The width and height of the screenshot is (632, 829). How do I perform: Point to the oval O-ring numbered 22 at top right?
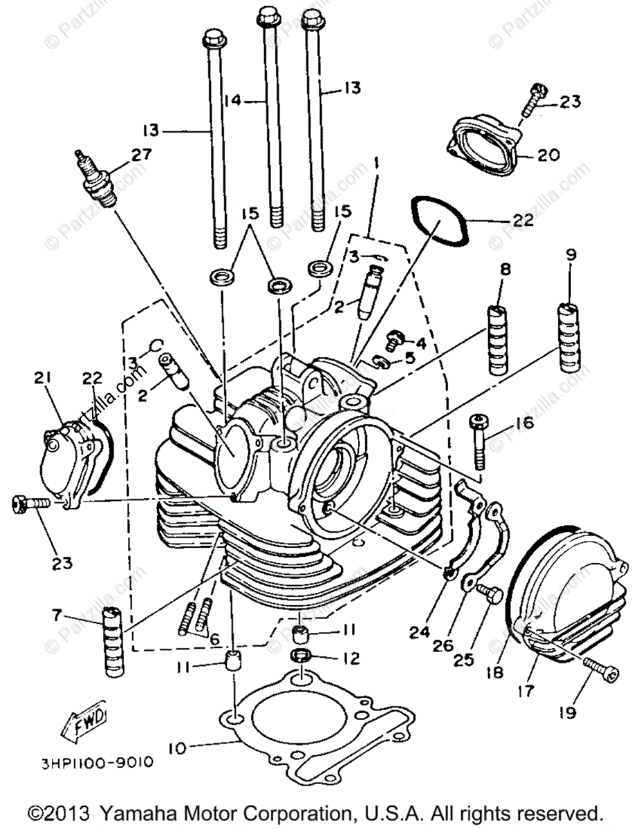point(441,221)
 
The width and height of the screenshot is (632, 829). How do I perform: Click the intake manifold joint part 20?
point(485,144)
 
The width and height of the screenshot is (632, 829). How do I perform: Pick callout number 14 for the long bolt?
point(233,100)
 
